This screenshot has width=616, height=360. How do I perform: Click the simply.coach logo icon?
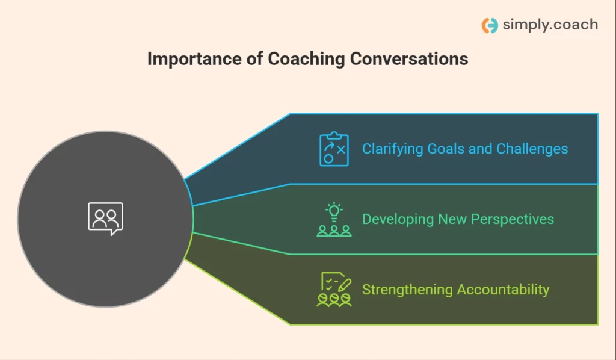490,25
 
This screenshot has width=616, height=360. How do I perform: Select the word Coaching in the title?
306,60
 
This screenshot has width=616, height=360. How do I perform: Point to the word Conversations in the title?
409,59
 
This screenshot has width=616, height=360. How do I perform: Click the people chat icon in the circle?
105,219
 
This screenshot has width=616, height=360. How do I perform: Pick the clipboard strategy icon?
334,149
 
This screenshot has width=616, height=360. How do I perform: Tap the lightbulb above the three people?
334,212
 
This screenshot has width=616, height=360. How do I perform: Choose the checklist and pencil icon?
334,289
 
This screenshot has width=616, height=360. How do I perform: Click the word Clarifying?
392,149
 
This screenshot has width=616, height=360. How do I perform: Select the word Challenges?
532,149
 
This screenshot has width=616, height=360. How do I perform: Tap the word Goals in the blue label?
446,149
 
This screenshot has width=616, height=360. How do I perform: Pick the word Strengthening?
407,290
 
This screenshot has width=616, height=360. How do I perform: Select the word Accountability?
503,290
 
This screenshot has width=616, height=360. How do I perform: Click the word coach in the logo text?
576,24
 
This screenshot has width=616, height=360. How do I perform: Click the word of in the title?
255,59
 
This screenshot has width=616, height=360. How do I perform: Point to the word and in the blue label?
481,149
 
